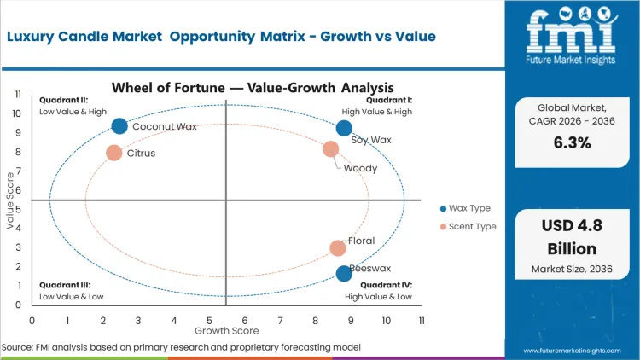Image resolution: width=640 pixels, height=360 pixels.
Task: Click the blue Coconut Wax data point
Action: point(119,126)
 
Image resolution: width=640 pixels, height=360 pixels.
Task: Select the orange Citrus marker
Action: point(113,153)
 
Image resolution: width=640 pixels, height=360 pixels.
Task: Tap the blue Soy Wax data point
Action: point(344,128)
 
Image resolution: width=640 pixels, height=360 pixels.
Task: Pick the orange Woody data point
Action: point(331,149)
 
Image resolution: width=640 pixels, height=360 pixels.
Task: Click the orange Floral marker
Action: point(338,248)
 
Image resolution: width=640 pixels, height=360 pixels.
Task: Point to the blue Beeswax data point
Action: point(344,273)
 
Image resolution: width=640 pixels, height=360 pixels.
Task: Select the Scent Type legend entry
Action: point(468,227)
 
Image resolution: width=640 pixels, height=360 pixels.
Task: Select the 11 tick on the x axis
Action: point(422,320)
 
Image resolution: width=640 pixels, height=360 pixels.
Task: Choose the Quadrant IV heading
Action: point(387,285)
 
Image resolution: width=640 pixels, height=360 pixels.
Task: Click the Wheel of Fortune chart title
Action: point(253,87)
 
